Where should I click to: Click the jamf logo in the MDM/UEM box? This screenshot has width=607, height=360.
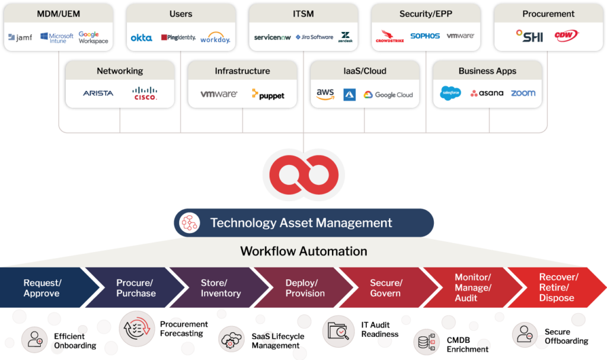coord(20,38)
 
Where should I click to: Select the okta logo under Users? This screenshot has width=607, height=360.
coord(141,38)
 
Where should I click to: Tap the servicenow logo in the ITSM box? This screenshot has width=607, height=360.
coord(272,37)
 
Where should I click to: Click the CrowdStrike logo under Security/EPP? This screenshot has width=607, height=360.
coord(389,37)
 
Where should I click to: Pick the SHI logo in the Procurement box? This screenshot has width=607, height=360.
coord(529,36)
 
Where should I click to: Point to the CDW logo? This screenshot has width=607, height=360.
coord(566,36)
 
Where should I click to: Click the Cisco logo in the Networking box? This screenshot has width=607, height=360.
coord(145,93)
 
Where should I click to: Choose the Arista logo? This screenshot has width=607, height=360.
coord(98,93)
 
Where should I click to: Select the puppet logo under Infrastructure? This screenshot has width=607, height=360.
coord(268,94)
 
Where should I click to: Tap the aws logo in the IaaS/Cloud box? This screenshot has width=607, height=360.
coord(325,94)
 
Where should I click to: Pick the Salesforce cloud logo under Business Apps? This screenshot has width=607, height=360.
coord(451,93)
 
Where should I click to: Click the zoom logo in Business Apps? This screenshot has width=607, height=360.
coord(523,93)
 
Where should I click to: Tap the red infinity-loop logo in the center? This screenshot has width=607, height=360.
coord(303,175)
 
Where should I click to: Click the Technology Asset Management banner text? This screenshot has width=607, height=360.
coord(301,223)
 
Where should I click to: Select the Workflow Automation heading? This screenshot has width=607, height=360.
coord(303,251)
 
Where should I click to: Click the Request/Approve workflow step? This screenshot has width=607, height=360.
coord(42,288)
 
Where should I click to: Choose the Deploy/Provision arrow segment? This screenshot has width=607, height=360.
coord(305,288)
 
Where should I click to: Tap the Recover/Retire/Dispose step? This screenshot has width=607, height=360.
coord(557,288)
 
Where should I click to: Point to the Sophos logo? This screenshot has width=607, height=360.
coord(425,36)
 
